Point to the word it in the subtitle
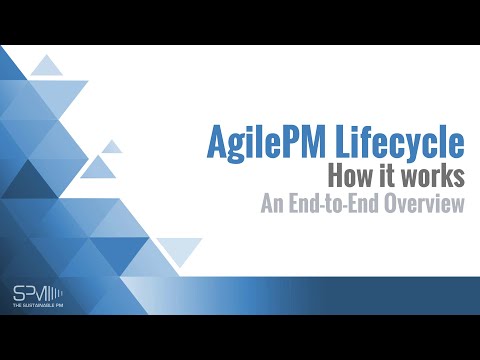click(x=383, y=178)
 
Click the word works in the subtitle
click(x=431, y=178)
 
